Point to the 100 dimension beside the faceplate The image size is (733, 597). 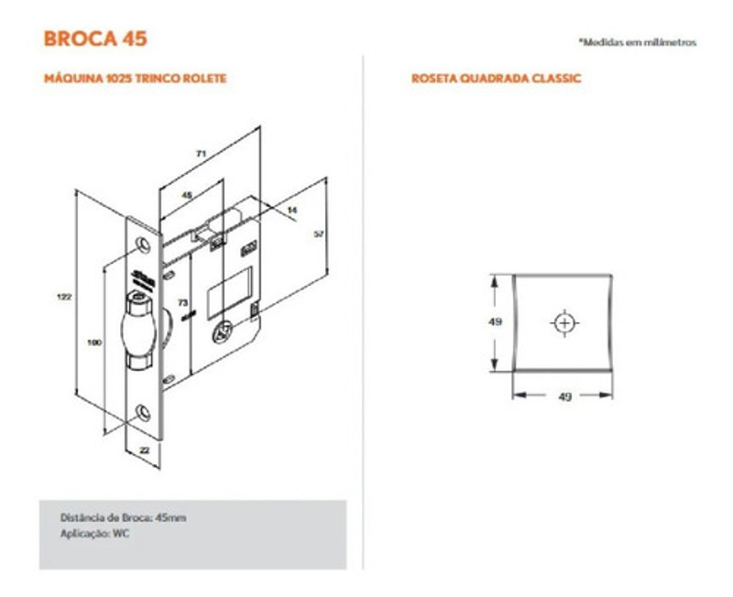point(93,342)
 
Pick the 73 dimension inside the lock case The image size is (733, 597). point(181,301)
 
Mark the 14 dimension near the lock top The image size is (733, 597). point(292,211)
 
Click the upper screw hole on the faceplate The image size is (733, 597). point(142,243)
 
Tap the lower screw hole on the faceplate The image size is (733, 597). point(144,411)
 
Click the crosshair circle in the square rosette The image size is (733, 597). point(563,323)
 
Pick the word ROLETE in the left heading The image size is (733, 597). point(204,79)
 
